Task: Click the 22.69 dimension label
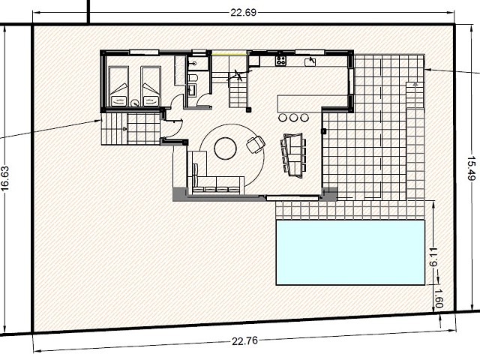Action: (243, 13)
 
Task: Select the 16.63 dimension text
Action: (5, 178)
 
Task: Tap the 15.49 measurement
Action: (472, 168)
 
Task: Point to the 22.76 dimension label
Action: (244, 341)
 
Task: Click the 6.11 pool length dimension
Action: (433, 257)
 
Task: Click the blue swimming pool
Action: (350, 252)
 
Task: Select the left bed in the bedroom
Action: (118, 87)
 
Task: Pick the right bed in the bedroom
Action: (151, 87)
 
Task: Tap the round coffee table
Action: (225, 148)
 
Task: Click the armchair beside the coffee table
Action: (256, 144)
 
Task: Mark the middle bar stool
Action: (293, 117)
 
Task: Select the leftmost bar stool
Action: (283, 117)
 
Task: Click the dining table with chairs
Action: (293, 155)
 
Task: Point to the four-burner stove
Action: (280, 61)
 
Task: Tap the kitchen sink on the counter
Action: (310, 61)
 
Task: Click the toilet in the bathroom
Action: (193, 77)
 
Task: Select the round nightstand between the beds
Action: (135, 103)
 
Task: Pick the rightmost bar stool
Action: (304, 117)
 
